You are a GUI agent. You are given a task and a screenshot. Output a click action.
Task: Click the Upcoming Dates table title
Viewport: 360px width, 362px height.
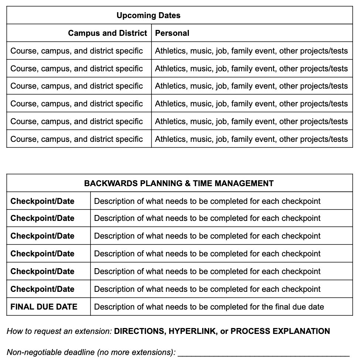(x=149, y=16)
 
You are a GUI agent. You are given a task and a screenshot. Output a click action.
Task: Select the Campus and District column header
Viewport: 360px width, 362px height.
(x=108, y=33)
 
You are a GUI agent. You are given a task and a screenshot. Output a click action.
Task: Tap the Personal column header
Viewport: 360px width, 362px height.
(x=172, y=33)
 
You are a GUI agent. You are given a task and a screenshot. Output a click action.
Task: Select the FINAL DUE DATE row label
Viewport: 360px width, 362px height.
(x=44, y=307)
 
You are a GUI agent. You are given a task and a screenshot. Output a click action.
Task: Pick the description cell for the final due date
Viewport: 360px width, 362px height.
(x=209, y=307)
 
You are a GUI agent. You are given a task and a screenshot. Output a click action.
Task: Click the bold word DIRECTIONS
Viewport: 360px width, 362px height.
(x=139, y=331)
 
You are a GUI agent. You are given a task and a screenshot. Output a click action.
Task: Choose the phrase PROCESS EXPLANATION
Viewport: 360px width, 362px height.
(x=280, y=331)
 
